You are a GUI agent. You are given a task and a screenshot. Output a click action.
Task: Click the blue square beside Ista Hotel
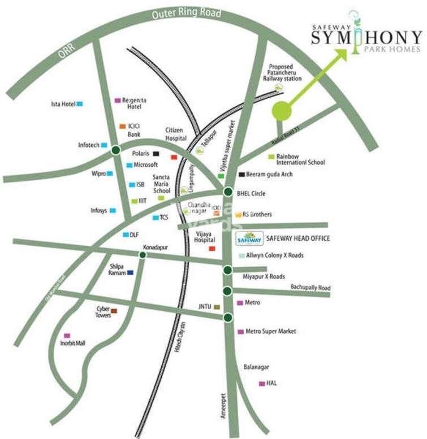pos(80,103)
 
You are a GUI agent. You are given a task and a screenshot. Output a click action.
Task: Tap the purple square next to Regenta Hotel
pos(118,100)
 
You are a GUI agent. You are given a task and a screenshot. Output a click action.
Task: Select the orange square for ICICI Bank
pos(122,126)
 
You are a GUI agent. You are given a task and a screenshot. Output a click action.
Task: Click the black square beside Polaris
pos(156,153)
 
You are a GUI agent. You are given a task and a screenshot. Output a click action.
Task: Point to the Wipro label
pos(98,173)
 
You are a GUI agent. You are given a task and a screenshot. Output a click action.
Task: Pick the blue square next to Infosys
pos(113,211)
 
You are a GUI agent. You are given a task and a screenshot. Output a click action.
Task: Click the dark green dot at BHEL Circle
pos(227,192)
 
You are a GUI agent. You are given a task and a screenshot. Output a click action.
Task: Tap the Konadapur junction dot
pos(143,255)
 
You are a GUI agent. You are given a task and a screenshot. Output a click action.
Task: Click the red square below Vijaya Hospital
pos(212,248)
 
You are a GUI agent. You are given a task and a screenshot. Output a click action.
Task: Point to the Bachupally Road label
pos(310,288)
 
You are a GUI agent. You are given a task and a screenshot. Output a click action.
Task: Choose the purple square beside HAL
pos(261,384)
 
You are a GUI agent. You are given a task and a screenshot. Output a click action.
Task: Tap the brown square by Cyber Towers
pos(114,311)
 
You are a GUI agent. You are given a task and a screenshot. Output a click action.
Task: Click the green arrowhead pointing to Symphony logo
pos(340,54)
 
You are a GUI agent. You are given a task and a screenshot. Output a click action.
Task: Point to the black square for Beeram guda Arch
pos(241,175)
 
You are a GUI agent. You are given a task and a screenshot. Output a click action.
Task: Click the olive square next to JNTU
pos(216,307)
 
